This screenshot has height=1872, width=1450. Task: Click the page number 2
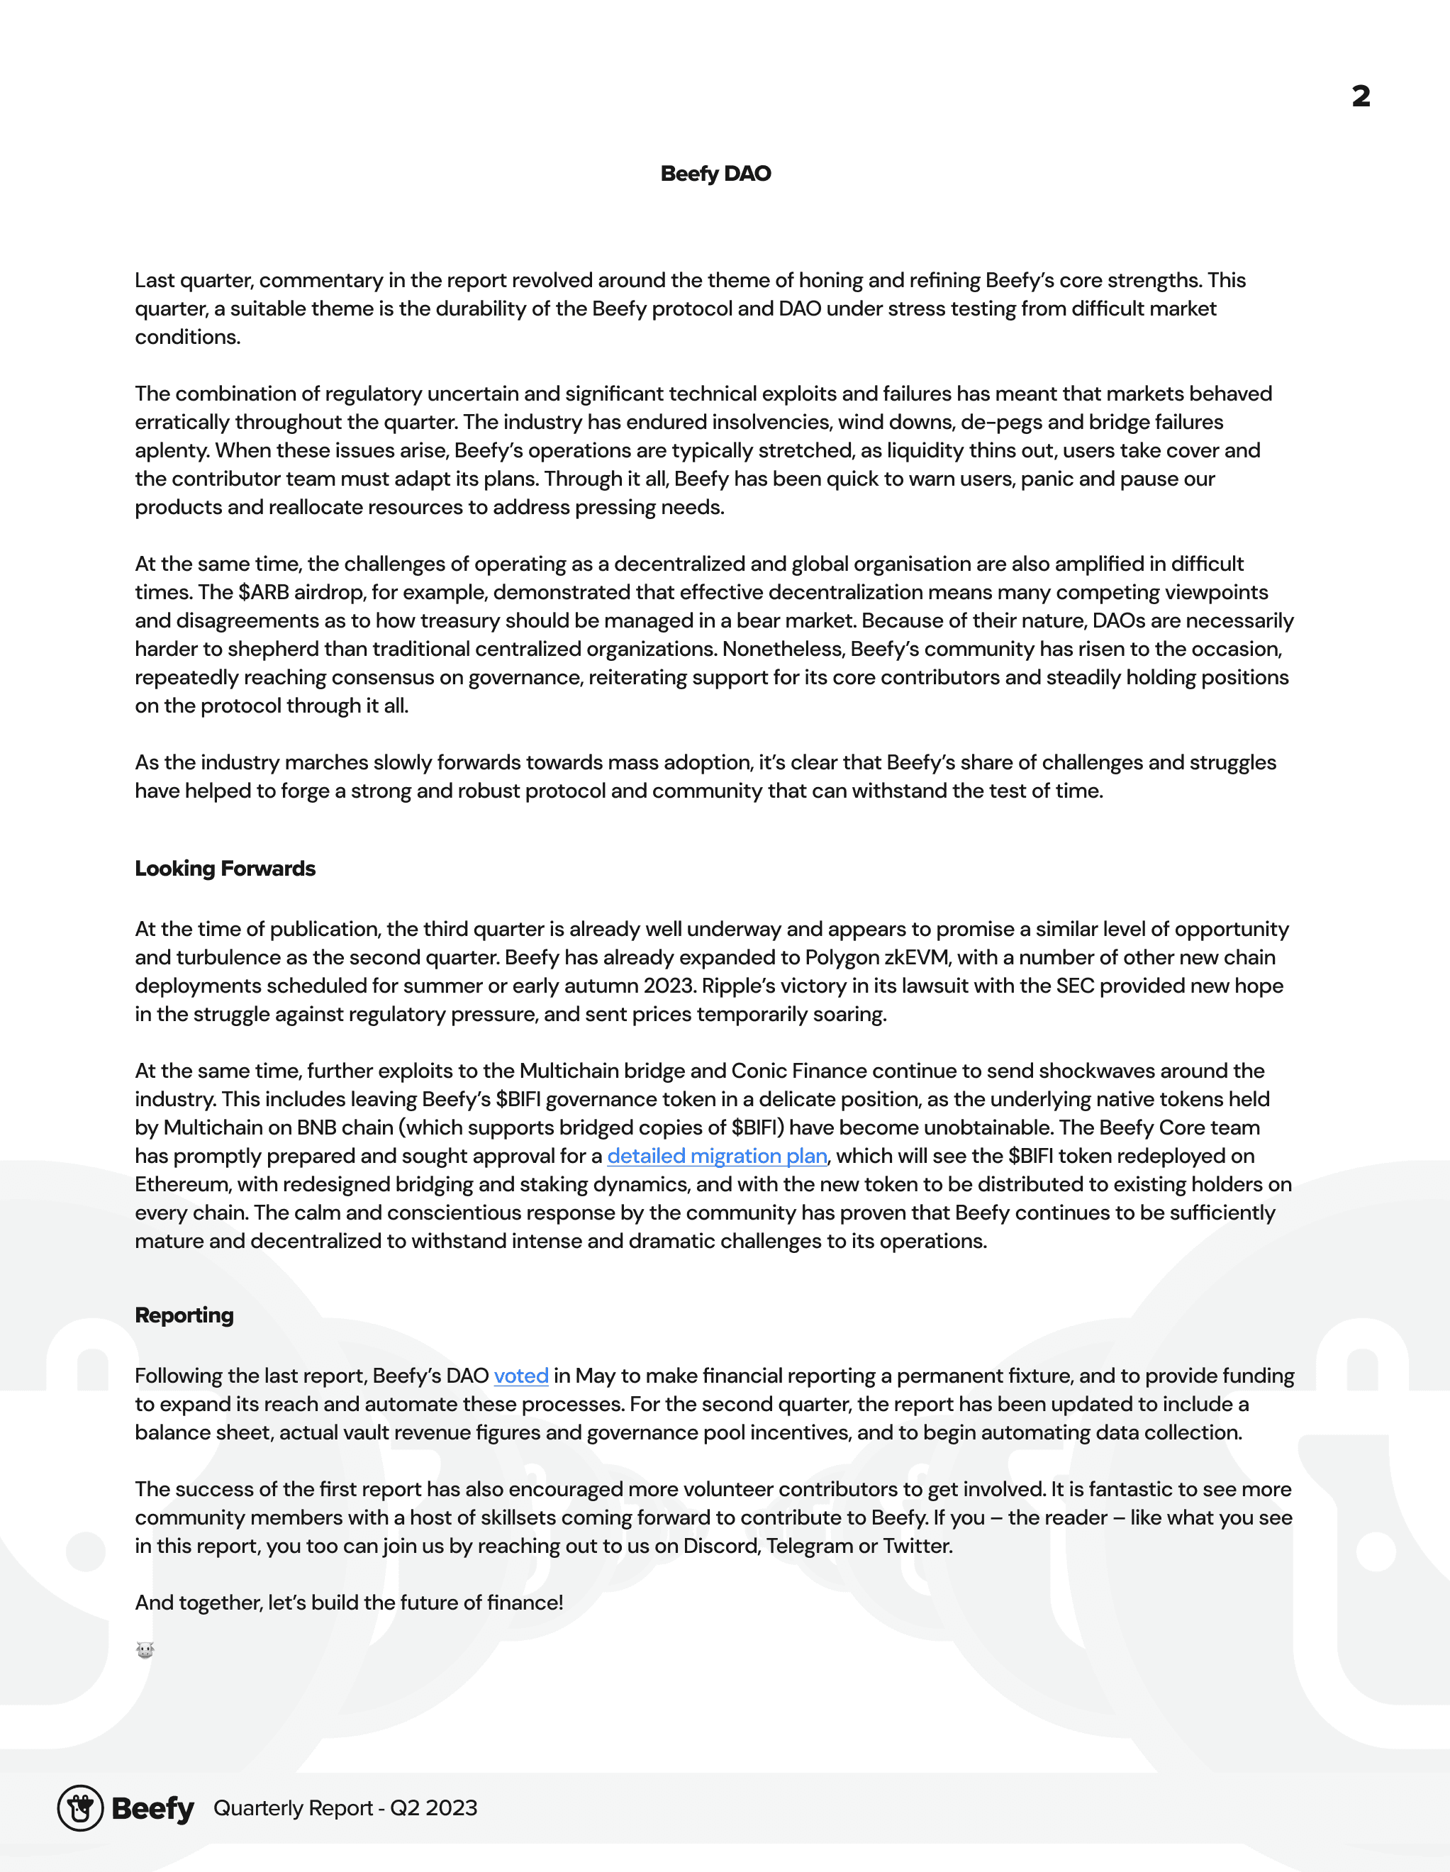(1360, 96)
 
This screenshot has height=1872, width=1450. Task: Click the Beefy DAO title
(715, 174)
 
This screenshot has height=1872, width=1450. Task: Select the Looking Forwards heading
(225, 869)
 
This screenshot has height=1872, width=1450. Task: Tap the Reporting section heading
(184, 1315)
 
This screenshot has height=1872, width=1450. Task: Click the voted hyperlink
(520, 1376)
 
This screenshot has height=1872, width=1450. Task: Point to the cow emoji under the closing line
(145, 1650)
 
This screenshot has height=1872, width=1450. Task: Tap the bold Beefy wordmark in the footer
(152, 1809)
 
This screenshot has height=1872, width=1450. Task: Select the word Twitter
(917, 1547)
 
